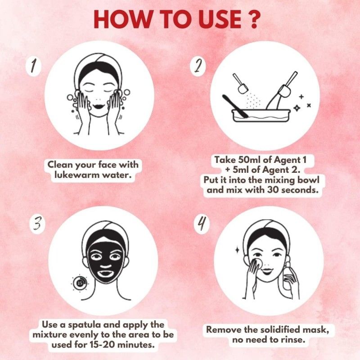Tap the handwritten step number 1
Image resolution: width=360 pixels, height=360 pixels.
click(x=33, y=67)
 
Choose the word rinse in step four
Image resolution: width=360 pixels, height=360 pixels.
click(x=296, y=341)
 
